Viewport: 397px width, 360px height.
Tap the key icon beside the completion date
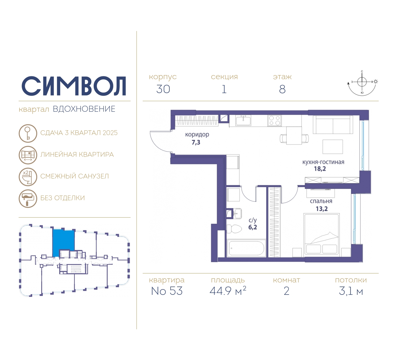pyautogui.click(x=28, y=133)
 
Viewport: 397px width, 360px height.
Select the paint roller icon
pyautogui.click(x=28, y=198)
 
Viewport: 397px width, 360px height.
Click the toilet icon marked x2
pyautogui.click(x=28, y=177)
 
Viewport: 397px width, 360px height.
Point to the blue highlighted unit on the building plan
pyautogui.click(x=63, y=242)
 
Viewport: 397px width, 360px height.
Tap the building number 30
pyautogui.click(x=163, y=89)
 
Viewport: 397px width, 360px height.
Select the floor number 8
pyautogui.click(x=282, y=89)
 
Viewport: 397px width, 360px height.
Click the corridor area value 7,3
pyautogui.click(x=196, y=142)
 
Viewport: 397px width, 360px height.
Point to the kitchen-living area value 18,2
pyautogui.click(x=320, y=169)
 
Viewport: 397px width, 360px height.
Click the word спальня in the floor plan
pyautogui.click(x=321, y=201)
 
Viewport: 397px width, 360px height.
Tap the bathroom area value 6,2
pyautogui.click(x=253, y=227)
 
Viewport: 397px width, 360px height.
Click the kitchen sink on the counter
pyautogui.click(x=243, y=121)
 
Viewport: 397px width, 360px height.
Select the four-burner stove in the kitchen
pyautogui.click(x=274, y=120)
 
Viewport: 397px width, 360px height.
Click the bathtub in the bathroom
pyautogui.click(x=246, y=248)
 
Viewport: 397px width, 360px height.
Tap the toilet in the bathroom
pyautogui.click(x=234, y=229)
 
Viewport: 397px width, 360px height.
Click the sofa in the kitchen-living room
pyautogui.click(x=333, y=125)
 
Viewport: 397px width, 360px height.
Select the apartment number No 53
pyautogui.click(x=167, y=291)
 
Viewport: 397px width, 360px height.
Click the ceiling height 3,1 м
pyautogui.click(x=351, y=291)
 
